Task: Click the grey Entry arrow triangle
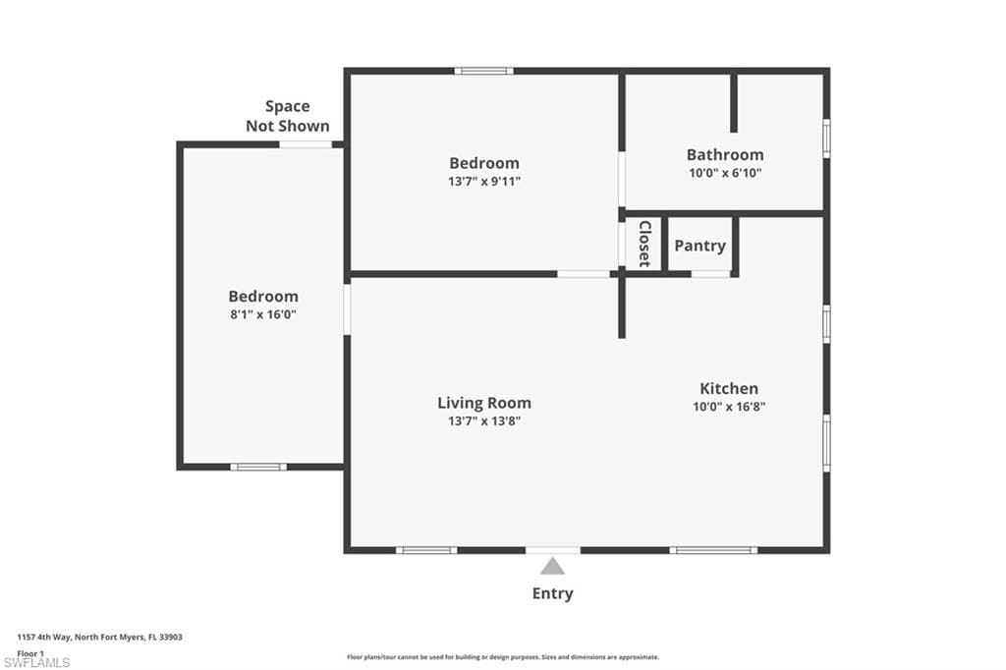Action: pyautogui.click(x=553, y=566)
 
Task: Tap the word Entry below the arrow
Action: pyautogui.click(x=553, y=593)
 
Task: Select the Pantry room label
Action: pyautogui.click(x=699, y=246)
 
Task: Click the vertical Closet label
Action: pyautogui.click(x=644, y=244)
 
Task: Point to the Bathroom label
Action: pyautogui.click(x=725, y=155)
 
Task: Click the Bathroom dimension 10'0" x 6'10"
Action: pyautogui.click(x=725, y=173)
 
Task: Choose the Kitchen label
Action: pyautogui.click(x=729, y=388)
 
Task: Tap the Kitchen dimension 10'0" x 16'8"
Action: pyautogui.click(x=729, y=406)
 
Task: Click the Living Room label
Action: pyautogui.click(x=484, y=403)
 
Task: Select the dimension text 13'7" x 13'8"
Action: pyautogui.click(x=484, y=420)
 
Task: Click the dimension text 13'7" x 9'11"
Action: pyautogui.click(x=484, y=181)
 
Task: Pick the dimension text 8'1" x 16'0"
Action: pyautogui.click(x=263, y=314)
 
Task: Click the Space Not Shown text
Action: pyautogui.click(x=288, y=116)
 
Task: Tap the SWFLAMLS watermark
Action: pyautogui.click(x=36, y=663)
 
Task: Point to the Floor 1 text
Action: pyautogui.click(x=30, y=652)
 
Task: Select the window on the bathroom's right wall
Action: pyautogui.click(x=826, y=138)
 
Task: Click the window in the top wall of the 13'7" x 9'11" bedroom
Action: pyautogui.click(x=483, y=71)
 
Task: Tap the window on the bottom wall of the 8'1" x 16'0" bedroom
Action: pyautogui.click(x=258, y=467)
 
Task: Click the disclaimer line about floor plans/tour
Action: pyautogui.click(x=503, y=657)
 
